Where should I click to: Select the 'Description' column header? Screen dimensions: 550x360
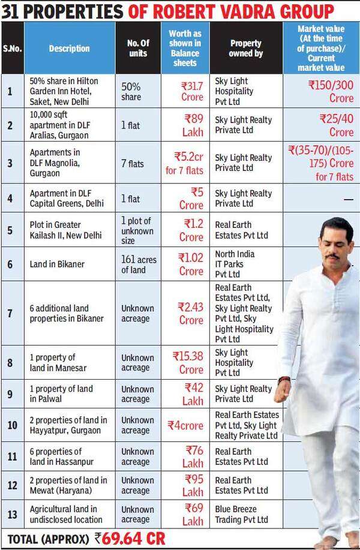[69, 49]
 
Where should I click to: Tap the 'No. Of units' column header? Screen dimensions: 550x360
[137, 49]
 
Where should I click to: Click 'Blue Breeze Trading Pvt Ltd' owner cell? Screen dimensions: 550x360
[243, 514]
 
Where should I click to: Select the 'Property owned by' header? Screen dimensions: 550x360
[245, 49]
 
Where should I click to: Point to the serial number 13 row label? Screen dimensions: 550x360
[11, 514]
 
